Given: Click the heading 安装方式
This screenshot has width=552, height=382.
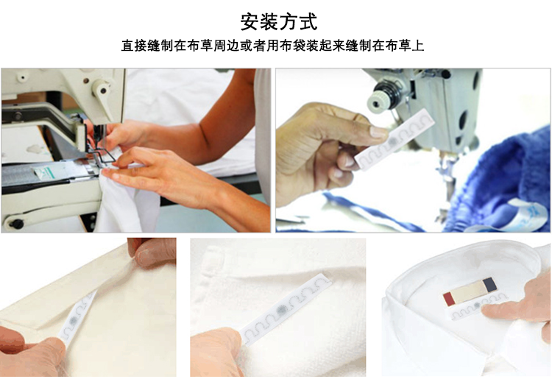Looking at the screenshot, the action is pyautogui.click(x=279, y=22).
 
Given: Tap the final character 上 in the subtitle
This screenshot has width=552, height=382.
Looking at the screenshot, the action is pyautogui.click(x=418, y=46).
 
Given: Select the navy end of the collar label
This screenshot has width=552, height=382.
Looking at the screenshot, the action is pyautogui.click(x=489, y=284).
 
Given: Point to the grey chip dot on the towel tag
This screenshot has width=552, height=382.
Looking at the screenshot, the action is pyautogui.click(x=281, y=310).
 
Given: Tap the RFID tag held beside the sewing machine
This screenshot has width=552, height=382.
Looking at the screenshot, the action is pyautogui.click(x=394, y=139).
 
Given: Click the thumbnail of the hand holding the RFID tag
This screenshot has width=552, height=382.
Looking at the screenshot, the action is pyautogui.click(x=413, y=150).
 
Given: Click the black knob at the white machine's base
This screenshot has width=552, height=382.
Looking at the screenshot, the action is pyautogui.click(x=16, y=224).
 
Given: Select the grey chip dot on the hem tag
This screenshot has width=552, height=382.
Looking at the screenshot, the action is pyautogui.click(x=74, y=321).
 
